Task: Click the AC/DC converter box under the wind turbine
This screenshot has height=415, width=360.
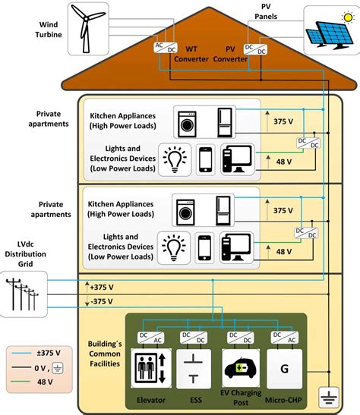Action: (164, 48)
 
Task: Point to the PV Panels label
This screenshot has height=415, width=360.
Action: (261, 10)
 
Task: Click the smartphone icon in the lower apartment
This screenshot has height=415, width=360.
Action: (206, 247)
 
